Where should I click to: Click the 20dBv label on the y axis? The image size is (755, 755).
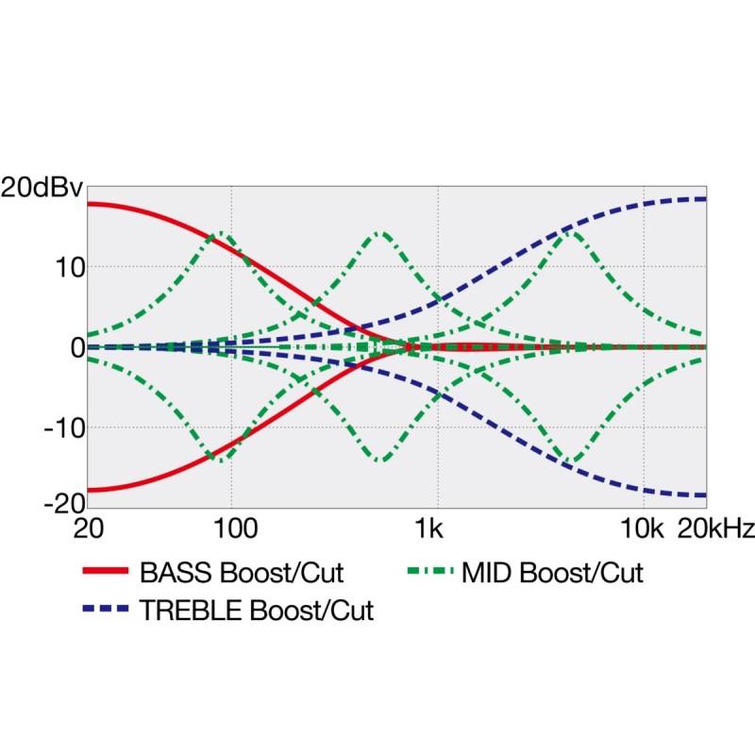pos(42,187)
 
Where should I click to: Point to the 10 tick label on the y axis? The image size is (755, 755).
pos(67,267)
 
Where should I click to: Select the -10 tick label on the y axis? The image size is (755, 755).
pos(62,428)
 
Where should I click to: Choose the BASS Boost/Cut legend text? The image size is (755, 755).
pos(242,572)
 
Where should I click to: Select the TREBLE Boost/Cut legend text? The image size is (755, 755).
pos(257,611)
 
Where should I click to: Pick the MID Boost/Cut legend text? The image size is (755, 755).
pos(553,572)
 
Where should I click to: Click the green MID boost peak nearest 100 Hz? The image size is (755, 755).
pos(221,232)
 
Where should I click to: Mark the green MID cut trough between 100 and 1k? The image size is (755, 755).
pos(380,461)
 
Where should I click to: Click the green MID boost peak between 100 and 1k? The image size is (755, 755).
pos(380,232)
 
